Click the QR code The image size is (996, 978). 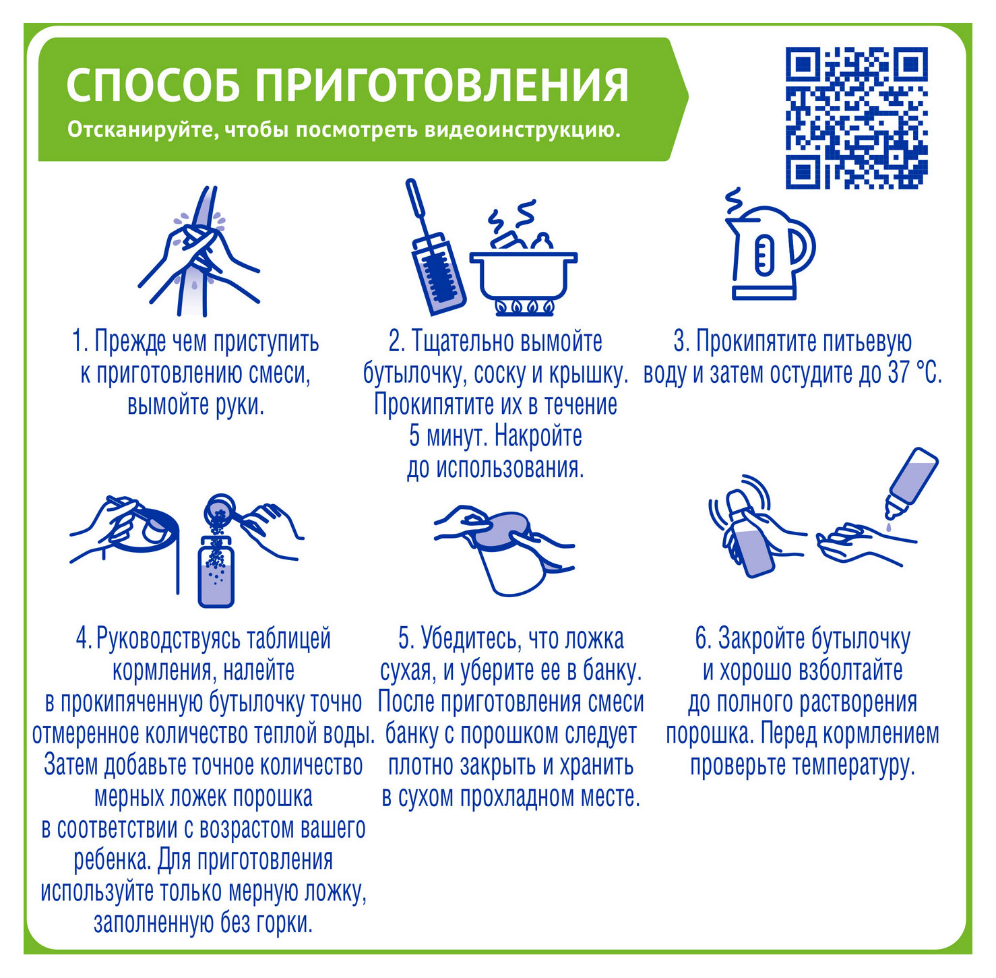[x=857, y=119]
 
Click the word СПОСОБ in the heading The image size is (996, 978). [x=154, y=86]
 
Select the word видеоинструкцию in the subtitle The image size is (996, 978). [x=522, y=129]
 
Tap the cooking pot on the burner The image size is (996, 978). [x=523, y=270]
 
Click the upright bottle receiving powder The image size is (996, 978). [x=216, y=570]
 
